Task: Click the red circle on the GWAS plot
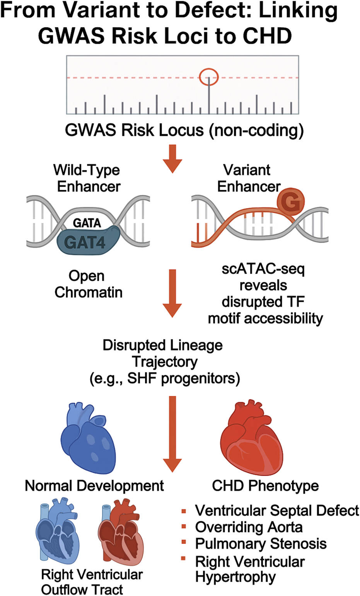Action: coord(209,77)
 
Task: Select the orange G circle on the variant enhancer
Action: coord(290,202)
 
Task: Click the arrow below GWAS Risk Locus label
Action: coord(172,158)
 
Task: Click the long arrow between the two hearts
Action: coord(172,433)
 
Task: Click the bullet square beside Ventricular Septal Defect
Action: coord(184,511)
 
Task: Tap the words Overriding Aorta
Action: coord(249,527)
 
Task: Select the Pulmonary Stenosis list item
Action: coord(261,543)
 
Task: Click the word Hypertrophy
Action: coord(235,577)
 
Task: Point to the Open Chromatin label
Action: coord(89,284)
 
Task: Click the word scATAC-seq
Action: coord(263,269)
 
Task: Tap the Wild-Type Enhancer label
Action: coord(87,178)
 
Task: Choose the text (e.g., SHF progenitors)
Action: coord(165,378)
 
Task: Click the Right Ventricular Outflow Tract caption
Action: coord(92,582)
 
